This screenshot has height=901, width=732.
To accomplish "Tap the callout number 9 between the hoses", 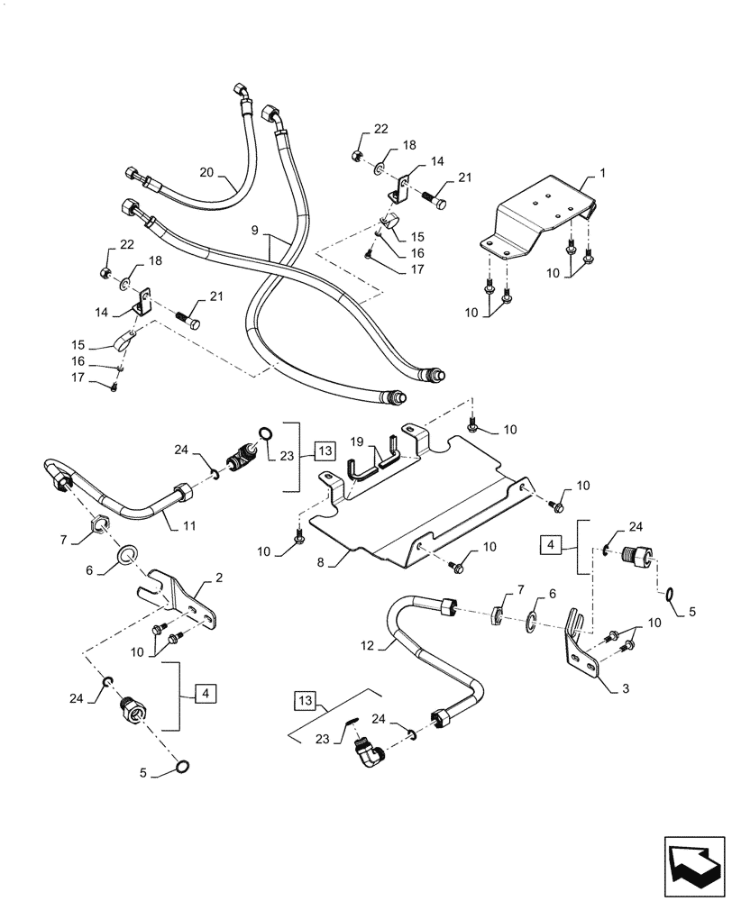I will click(256, 231).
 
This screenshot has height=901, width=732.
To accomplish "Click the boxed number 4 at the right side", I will click(549, 545).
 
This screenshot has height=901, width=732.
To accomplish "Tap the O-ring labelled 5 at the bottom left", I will click(181, 767).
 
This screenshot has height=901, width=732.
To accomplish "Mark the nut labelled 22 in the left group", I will click(105, 272).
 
